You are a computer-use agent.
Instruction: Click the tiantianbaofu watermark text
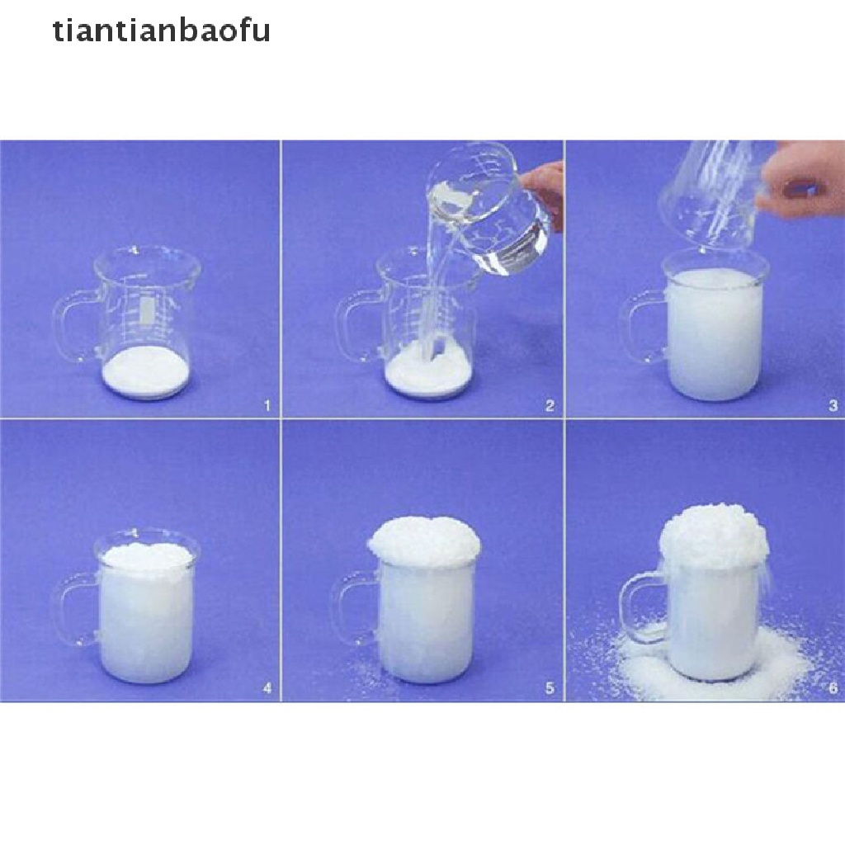[162, 31]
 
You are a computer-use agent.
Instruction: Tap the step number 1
[267, 405]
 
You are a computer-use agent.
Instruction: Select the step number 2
[550, 405]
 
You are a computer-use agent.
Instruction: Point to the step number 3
[833, 405]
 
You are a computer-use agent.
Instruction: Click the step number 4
[267, 688]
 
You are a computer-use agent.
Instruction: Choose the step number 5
[550, 688]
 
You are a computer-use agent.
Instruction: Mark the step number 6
[833, 688]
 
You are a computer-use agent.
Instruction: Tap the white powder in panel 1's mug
[145, 372]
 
